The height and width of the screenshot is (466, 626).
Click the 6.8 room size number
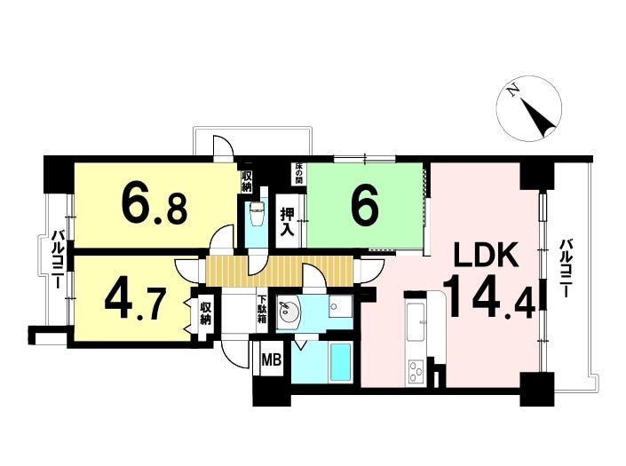coord(155,206)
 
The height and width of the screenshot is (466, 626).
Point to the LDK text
coord(487,255)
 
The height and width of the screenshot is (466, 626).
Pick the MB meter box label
coord(271,359)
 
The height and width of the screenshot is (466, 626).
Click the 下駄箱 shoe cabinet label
coord(262,309)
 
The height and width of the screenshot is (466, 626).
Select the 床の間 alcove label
coord(298,173)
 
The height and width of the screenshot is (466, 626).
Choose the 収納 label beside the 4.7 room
coord(205,313)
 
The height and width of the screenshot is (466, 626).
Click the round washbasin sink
coord(288,312)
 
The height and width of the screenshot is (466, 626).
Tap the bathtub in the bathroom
coord(340,363)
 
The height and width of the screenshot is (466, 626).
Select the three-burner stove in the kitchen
coord(416,371)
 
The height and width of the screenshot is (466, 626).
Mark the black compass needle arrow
coord(538,118)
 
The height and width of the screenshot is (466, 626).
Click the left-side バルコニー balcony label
coord(58,259)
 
